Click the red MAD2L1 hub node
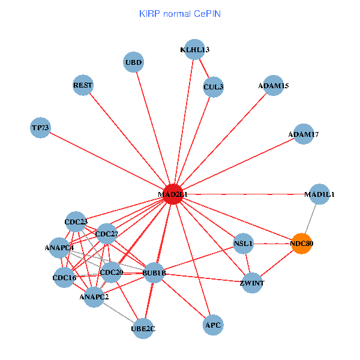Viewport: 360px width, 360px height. [173, 194]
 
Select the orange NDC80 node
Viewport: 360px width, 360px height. [302, 244]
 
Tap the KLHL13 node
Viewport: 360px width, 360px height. [195, 50]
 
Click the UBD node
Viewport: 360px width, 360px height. [133, 62]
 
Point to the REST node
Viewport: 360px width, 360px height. [83, 85]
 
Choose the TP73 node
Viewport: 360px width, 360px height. [40, 127]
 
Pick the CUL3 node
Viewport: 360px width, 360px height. [213, 87]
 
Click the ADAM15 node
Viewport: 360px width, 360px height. [274, 86]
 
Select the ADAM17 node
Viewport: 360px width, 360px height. [303, 134]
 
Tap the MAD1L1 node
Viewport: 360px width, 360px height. [319, 194]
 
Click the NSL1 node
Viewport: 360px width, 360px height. [243, 244]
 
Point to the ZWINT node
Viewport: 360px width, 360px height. [252, 283]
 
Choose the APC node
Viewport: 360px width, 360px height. [213, 325]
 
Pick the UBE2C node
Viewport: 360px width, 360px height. [143, 328]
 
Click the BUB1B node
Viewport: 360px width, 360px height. [154, 274]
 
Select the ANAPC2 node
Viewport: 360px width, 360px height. [94, 296]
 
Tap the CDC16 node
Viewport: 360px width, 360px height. [64, 278]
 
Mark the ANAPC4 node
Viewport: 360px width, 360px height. [59, 247]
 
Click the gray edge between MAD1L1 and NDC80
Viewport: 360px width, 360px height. [311, 219]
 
